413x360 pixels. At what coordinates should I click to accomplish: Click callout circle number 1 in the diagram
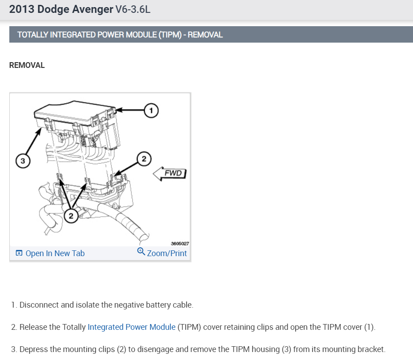coord(151,110)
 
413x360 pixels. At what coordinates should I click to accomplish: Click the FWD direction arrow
coord(170,173)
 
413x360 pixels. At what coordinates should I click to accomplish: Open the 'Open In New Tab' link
coord(55,253)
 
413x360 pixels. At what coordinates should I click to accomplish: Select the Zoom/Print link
coord(167,253)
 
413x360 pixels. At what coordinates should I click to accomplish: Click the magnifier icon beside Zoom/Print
coord(141,252)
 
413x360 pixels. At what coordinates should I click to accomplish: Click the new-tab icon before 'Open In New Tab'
coord(19,253)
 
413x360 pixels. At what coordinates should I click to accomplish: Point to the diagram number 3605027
coord(180,243)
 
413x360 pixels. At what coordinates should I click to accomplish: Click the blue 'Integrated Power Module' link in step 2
coord(132,327)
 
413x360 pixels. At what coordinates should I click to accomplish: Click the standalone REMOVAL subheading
coord(27,65)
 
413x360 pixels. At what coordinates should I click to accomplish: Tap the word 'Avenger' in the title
coord(93,9)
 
